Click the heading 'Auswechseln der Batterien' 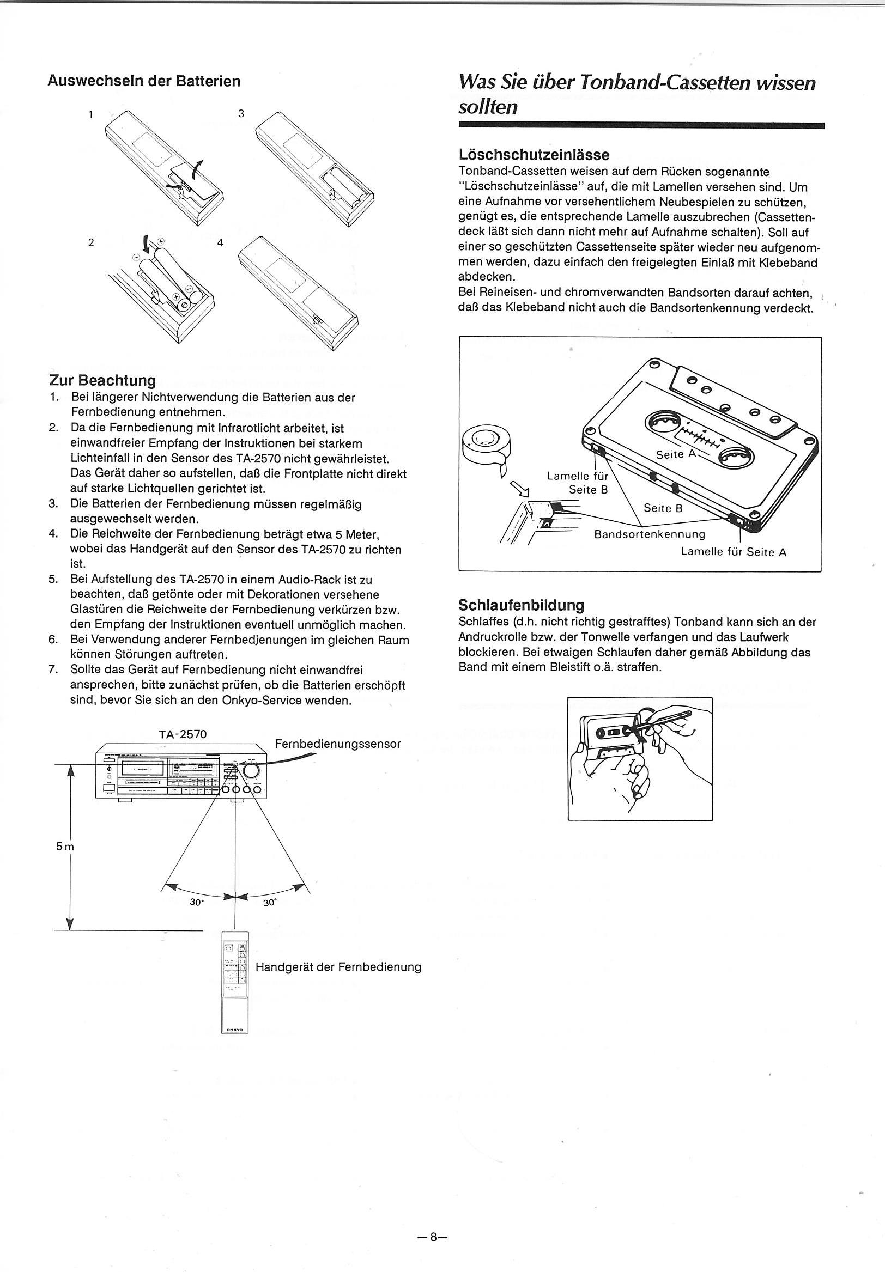pyautogui.click(x=144, y=81)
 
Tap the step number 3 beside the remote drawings pyautogui.click(x=241, y=113)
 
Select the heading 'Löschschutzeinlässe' pyautogui.click(x=534, y=154)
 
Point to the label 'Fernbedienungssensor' pyautogui.click(x=337, y=744)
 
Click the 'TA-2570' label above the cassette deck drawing pyautogui.click(x=183, y=734)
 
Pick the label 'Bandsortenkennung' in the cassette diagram pyautogui.click(x=650, y=534)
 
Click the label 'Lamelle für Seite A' pyautogui.click(x=734, y=552)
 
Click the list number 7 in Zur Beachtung pyautogui.click(x=53, y=670)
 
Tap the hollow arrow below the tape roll pyautogui.click(x=520, y=489)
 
